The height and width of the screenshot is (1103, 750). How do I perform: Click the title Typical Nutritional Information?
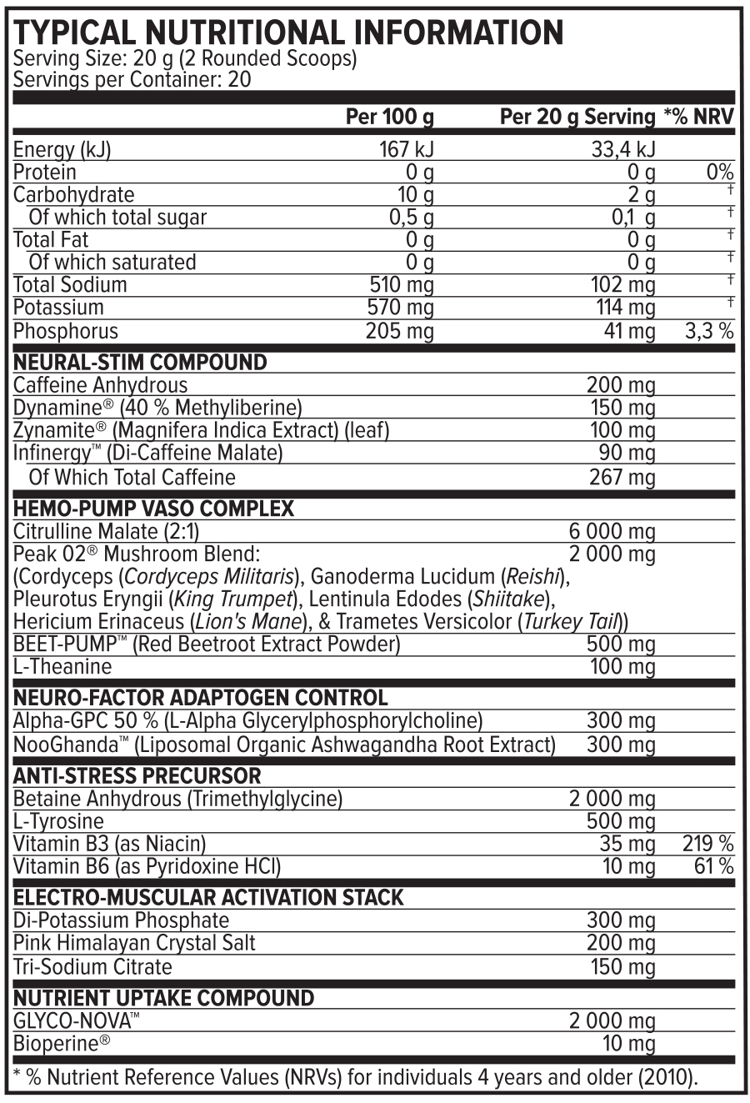pos(288,33)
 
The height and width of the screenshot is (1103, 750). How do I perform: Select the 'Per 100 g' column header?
pos(389,117)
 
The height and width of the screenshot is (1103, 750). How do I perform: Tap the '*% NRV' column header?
pos(698,117)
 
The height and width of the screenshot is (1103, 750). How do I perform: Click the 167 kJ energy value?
pos(407,150)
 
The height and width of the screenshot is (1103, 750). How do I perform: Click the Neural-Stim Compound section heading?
pos(140,363)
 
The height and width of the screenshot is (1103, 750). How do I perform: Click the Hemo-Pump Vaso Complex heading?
pos(154,509)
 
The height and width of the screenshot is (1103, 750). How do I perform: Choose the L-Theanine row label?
pos(62,667)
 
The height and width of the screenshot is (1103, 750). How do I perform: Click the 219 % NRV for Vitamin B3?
pos(707,844)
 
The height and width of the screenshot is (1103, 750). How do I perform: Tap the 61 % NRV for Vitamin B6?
pos(713,866)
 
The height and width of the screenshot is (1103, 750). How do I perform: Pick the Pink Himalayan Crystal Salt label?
pos(134,943)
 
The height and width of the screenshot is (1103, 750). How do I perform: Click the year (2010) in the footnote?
pos(666,1077)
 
